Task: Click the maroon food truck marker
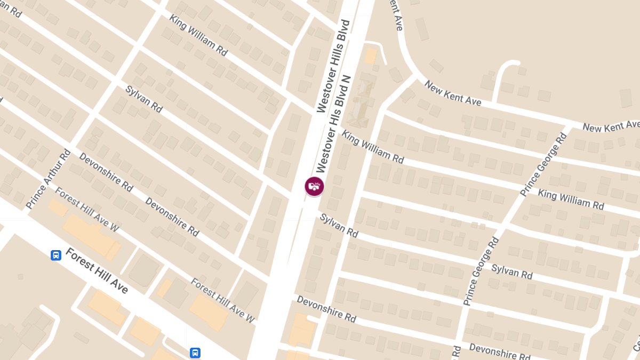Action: (x=314, y=186)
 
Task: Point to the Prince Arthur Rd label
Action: (x=48, y=179)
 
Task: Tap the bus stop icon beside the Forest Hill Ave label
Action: (x=56, y=255)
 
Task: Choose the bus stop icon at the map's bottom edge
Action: (x=195, y=353)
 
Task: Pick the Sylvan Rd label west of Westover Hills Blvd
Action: (x=144, y=98)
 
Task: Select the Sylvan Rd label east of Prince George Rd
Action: (x=511, y=271)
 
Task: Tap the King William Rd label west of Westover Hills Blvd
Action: (x=198, y=35)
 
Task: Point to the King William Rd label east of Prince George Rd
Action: (x=571, y=199)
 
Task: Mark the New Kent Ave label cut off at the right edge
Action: (x=611, y=126)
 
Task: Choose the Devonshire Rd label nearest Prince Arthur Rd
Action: (x=106, y=172)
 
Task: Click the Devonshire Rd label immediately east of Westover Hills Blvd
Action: (x=326, y=309)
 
